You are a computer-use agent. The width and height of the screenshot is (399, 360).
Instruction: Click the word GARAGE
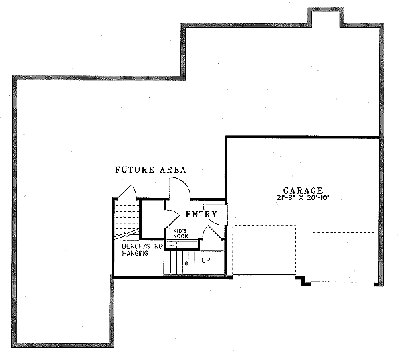click(302, 189)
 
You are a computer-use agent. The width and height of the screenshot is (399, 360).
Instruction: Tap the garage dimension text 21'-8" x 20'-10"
click(302, 197)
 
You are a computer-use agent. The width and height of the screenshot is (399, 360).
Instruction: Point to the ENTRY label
click(201, 214)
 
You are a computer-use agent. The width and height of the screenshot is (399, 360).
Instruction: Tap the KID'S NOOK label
click(181, 234)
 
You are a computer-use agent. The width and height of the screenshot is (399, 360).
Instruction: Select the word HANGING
click(136, 254)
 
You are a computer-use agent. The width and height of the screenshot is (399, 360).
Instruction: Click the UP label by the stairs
click(205, 260)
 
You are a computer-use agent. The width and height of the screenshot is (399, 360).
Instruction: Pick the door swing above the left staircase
click(126, 191)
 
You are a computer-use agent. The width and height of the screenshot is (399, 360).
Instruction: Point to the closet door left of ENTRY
click(170, 219)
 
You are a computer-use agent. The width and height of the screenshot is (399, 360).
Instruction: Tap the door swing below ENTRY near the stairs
click(215, 233)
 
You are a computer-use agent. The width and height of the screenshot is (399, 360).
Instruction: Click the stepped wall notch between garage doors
click(304, 280)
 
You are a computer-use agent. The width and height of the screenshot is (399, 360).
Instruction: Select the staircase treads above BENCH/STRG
click(124, 220)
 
